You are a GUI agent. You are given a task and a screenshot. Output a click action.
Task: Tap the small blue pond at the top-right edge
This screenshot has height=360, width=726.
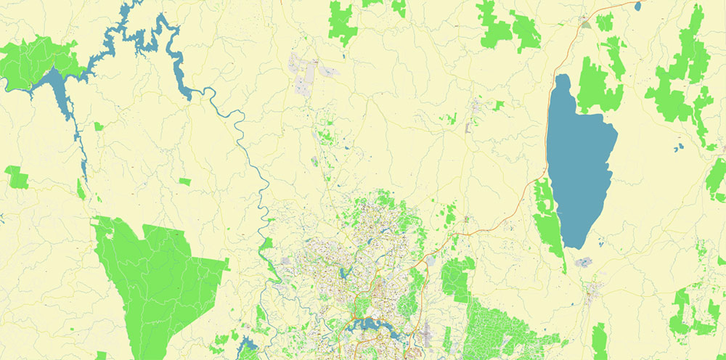tap(638, 6)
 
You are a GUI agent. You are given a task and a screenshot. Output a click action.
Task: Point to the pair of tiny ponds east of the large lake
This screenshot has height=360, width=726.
tap(678, 148)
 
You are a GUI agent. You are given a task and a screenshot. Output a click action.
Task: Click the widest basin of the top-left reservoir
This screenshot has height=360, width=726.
tap(58, 87)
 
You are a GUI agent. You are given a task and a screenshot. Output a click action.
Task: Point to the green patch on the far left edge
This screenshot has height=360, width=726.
tap(16, 176)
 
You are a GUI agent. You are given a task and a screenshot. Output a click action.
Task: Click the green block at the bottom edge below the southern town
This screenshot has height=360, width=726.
tap(599, 341)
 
